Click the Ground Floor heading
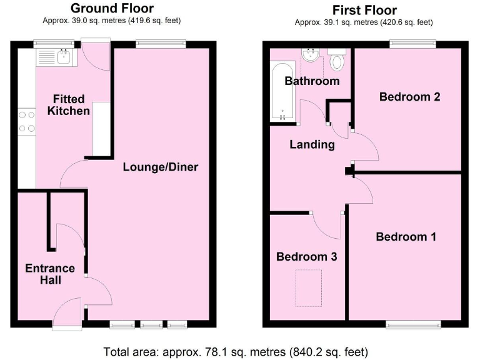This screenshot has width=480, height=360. pyautogui.click(x=112, y=8)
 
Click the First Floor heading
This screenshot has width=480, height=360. pyautogui.click(x=364, y=10)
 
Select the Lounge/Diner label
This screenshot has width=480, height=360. pyautogui.click(x=161, y=167)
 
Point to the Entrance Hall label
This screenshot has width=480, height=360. pyautogui.click(x=50, y=274)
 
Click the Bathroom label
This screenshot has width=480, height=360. pyautogui.click(x=312, y=81)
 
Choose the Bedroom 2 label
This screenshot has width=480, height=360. pyautogui.click(x=409, y=97)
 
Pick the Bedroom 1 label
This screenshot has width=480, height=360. pyautogui.click(x=406, y=237)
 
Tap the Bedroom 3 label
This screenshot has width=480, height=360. pyautogui.click(x=302, y=257)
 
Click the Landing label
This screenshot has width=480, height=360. pyautogui.click(x=312, y=144)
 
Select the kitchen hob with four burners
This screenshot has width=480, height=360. pyautogui.click(x=27, y=121)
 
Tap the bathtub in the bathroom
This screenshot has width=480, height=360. pyautogui.click(x=282, y=92)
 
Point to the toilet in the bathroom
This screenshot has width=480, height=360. pyautogui.click(x=337, y=61)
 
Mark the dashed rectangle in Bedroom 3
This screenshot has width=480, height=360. pyautogui.click(x=308, y=287)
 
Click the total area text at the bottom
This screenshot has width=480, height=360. pyautogui.click(x=240, y=351)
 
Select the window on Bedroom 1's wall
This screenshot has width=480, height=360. pyautogui.click(x=413, y=324)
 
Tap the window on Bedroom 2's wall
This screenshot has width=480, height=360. pyautogui.click(x=412, y=44)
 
